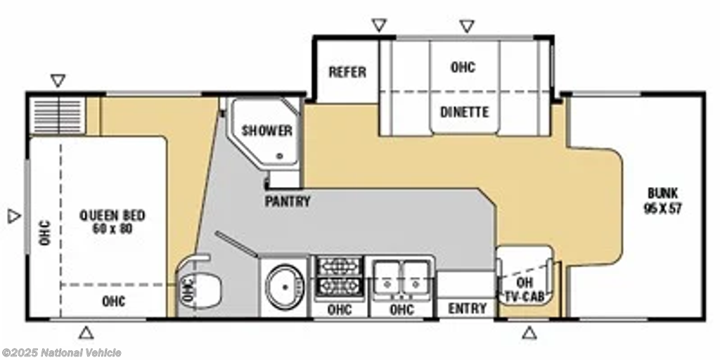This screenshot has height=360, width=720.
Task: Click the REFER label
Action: (x=347, y=72)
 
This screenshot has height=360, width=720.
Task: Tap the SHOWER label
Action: (x=267, y=130)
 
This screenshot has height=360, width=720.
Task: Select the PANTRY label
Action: (x=288, y=201)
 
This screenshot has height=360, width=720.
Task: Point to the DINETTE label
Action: (x=464, y=112)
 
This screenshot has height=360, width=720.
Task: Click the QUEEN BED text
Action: (x=112, y=215)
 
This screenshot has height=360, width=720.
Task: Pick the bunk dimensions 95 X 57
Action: (x=662, y=209)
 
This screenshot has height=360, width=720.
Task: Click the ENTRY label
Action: (x=468, y=309)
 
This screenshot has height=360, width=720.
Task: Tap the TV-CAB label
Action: (x=525, y=297)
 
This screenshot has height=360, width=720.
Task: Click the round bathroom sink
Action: (x=285, y=287)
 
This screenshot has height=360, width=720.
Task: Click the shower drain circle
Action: (x=278, y=156)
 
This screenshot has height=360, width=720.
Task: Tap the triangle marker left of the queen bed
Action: (x=14, y=216)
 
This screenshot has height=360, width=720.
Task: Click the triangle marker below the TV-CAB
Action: (x=529, y=333)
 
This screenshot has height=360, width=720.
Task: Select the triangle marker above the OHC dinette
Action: (x=467, y=26)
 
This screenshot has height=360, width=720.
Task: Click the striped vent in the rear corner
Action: (x=58, y=116)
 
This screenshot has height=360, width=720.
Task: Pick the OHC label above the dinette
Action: (x=463, y=67)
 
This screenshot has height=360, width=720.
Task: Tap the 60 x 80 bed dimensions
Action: (x=112, y=229)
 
